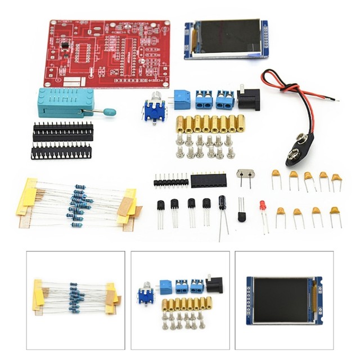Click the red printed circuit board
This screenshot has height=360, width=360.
[107, 53]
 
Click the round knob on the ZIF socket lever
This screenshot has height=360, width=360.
[110, 112]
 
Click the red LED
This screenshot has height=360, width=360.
[263, 206]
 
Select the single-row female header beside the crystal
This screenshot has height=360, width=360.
[209, 181]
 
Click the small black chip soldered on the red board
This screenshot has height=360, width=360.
[65, 45]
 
